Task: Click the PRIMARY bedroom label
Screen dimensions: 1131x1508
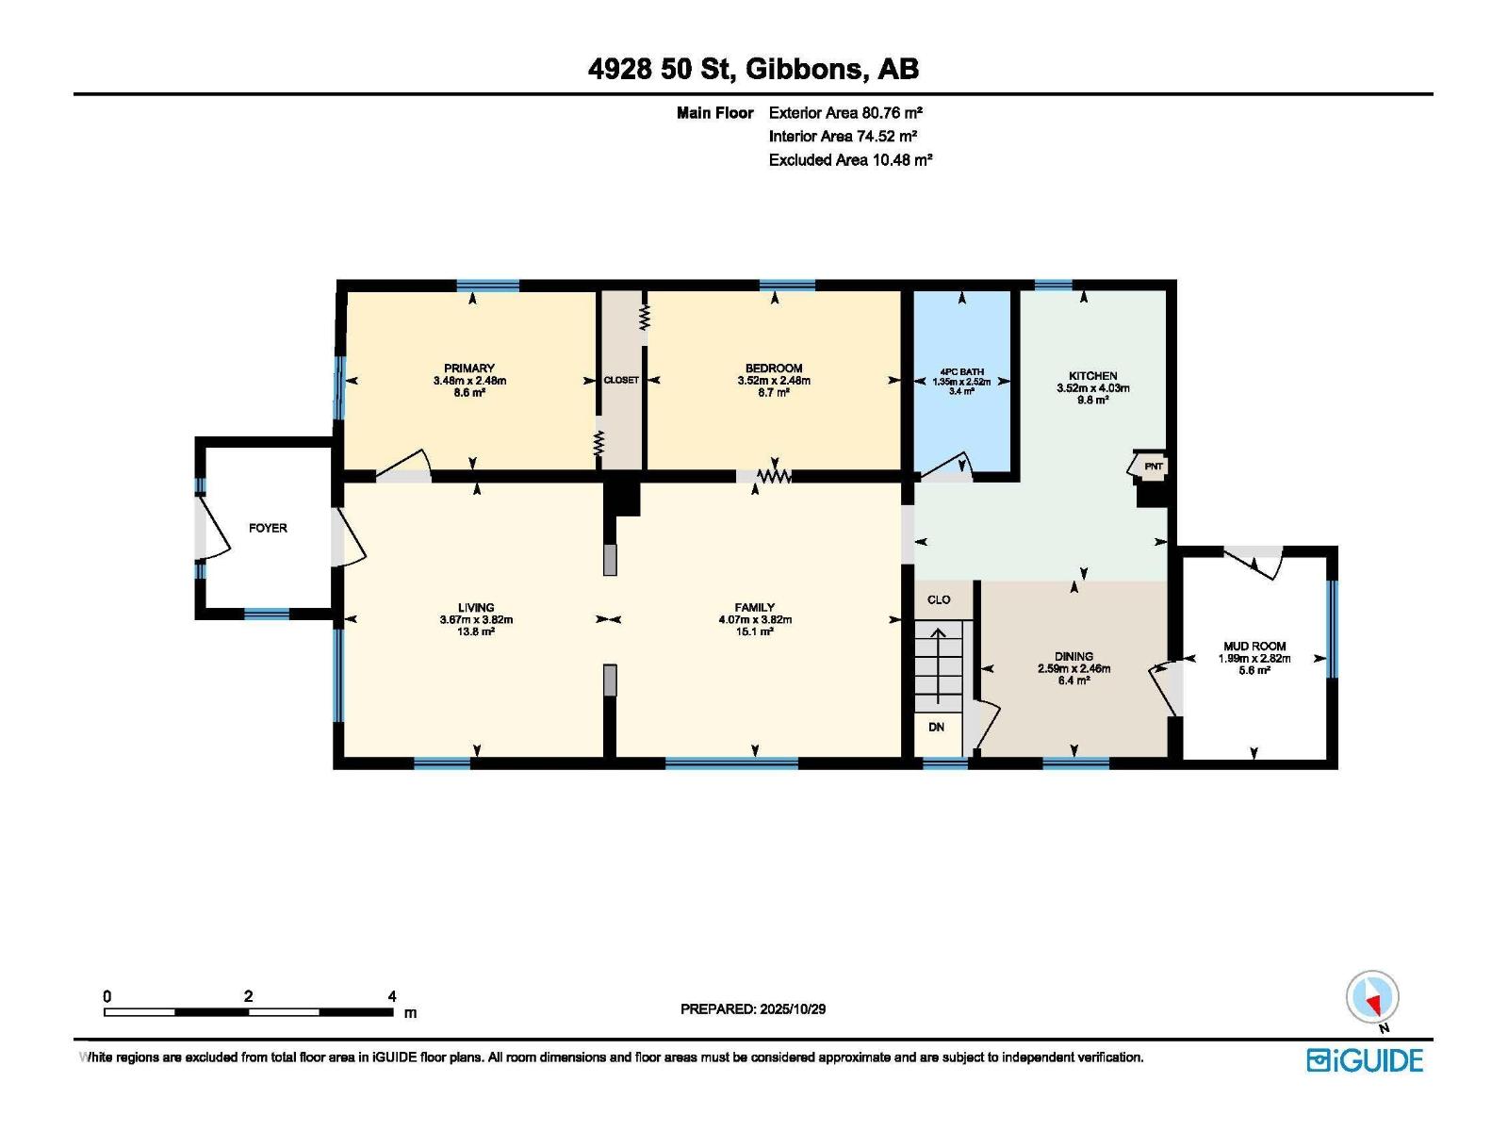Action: (469, 369)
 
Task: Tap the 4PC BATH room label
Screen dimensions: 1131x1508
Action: (961, 372)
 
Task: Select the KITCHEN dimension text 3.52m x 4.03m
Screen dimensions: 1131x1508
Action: (1093, 387)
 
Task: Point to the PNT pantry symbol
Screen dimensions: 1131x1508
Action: (1153, 467)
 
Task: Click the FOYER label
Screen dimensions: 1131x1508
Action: (268, 528)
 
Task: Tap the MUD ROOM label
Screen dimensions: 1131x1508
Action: (1254, 647)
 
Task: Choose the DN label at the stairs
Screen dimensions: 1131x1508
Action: (936, 727)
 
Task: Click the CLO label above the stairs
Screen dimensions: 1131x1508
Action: (939, 599)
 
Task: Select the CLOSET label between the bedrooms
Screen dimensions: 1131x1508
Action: (621, 380)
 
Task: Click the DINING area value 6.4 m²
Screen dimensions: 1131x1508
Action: (1074, 680)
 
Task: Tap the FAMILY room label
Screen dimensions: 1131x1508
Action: (754, 608)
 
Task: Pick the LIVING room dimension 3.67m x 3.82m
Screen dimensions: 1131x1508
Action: (476, 620)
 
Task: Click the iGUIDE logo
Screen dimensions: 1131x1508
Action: (1364, 1060)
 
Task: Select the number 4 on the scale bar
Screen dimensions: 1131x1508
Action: (392, 996)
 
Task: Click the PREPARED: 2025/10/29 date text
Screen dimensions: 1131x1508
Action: (753, 1008)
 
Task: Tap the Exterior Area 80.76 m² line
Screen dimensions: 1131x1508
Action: (844, 113)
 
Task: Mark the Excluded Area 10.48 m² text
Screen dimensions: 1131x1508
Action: (850, 160)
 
